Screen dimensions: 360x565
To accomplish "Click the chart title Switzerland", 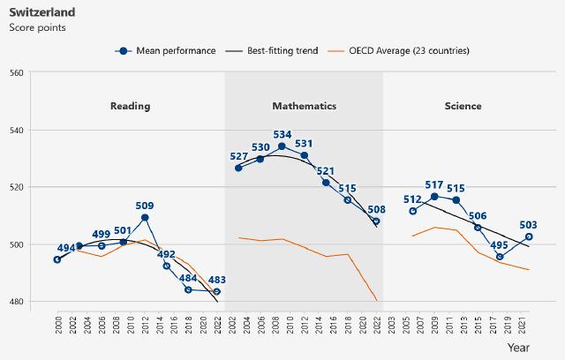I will [x=41, y=12].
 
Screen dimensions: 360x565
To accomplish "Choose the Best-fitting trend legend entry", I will [x=282, y=50].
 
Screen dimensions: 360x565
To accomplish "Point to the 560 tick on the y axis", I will [x=17, y=72].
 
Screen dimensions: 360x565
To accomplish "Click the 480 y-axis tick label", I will [x=17, y=302].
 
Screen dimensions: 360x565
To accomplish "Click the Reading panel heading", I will [x=130, y=106].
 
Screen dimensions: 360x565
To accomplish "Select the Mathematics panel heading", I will [x=304, y=106].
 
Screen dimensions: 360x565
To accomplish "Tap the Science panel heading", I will [x=463, y=106].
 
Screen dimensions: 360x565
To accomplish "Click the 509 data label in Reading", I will [x=145, y=206].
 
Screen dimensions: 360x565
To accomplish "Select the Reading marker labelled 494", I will [x=57, y=259].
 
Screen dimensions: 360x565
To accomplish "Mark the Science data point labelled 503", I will [x=529, y=236].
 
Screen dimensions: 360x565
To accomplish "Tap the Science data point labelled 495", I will [x=500, y=258].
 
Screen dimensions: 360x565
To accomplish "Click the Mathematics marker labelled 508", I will [x=376, y=221].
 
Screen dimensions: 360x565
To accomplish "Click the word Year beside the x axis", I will [x=544, y=349].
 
